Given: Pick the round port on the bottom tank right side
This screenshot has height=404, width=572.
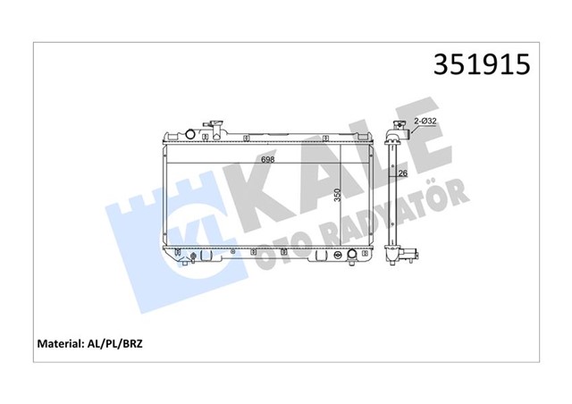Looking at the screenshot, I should click(x=352, y=256).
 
